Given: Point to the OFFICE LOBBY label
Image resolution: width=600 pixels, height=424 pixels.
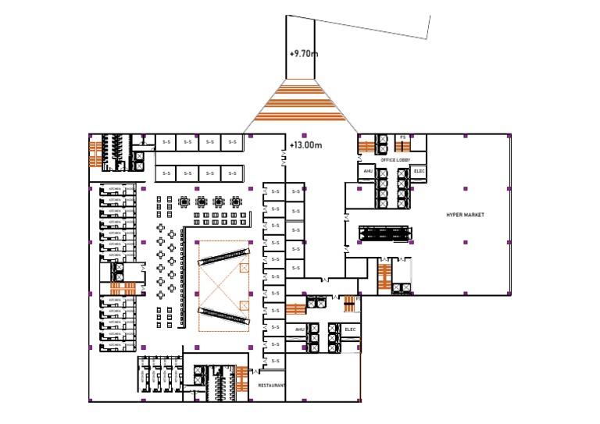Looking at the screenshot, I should (395, 160).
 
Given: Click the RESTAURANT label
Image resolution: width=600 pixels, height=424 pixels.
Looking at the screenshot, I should (272, 385).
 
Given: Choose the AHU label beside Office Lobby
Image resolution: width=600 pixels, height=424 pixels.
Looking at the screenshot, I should (367, 171).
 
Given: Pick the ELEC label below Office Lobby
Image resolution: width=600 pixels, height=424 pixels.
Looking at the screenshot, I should (419, 171).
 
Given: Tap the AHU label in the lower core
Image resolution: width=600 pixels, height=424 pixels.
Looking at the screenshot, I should (299, 330).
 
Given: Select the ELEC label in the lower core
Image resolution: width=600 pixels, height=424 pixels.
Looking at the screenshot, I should (350, 330).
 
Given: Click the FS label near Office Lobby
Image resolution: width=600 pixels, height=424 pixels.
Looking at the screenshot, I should (403, 137).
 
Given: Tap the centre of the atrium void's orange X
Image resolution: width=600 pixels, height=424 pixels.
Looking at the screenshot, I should (223, 283).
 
